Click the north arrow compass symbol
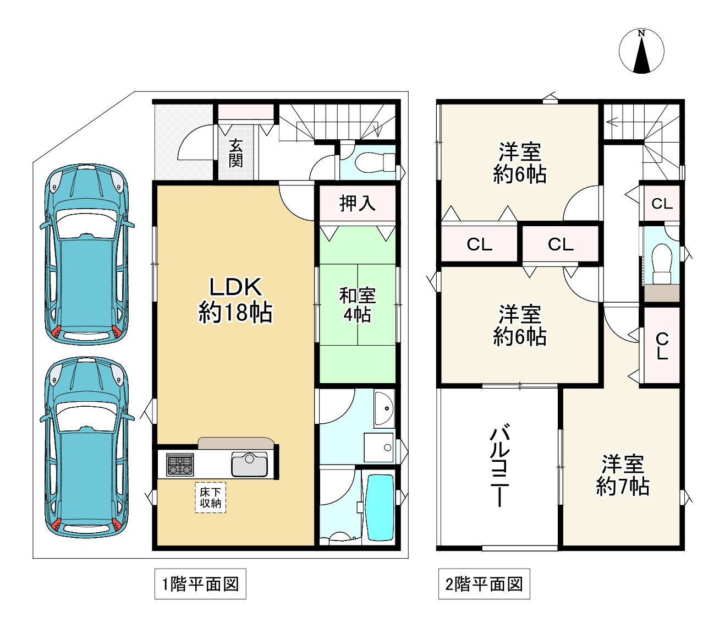(x=641, y=51)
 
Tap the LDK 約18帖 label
(x=235, y=299)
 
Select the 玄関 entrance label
(x=236, y=153)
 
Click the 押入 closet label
(x=358, y=203)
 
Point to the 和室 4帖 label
(x=358, y=305)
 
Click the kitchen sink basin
(x=249, y=465)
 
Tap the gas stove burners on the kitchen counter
(x=180, y=465)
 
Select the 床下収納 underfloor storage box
(x=211, y=498)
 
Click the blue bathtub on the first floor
(x=380, y=508)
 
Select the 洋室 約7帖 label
(x=623, y=476)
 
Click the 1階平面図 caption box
(x=200, y=584)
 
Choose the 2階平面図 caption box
(x=484, y=584)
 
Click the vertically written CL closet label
(x=662, y=346)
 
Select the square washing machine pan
(x=378, y=447)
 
